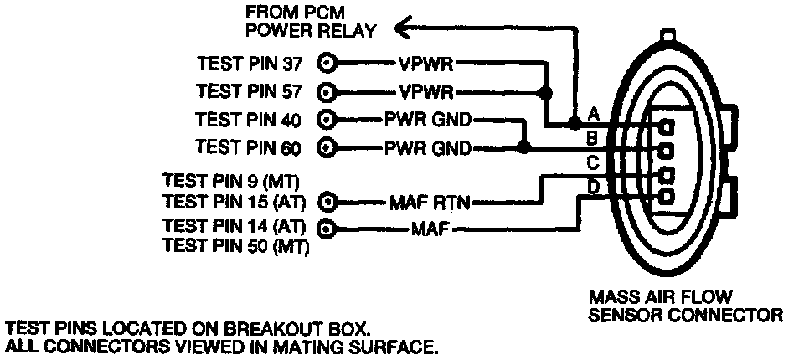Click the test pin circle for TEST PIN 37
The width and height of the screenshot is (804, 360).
click(x=327, y=63)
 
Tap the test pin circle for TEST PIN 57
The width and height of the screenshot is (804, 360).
click(x=327, y=90)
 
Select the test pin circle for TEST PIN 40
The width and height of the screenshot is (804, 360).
click(x=327, y=119)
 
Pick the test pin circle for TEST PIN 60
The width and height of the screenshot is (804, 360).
click(x=327, y=148)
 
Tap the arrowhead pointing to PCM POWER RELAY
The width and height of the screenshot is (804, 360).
click(x=403, y=29)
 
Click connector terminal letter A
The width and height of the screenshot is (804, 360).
click(x=592, y=112)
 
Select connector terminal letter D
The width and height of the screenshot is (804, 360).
click(x=592, y=186)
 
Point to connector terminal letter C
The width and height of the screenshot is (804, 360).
click(x=592, y=161)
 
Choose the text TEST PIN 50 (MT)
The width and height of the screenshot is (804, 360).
click(x=235, y=245)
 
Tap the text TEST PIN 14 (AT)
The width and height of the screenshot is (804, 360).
click(x=234, y=225)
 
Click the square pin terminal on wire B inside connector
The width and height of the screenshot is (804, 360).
click(x=667, y=151)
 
